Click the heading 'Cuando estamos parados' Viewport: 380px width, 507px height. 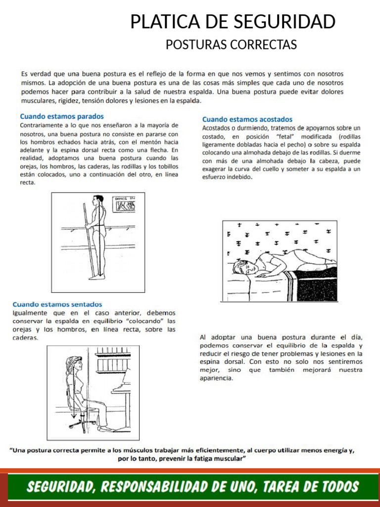pyautogui.click(x=62, y=116)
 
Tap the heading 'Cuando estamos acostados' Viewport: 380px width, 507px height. pyautogui.click(x=247, y=119)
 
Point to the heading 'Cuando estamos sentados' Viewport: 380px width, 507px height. pyautogui.click(x=57, y=304)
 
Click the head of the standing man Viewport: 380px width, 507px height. pyautogui.click(x=98, y=201)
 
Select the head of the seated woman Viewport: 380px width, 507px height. pyautogui.click(x=76, y=363)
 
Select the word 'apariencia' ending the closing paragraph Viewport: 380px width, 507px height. pyautogui.click(x=216, y=378)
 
